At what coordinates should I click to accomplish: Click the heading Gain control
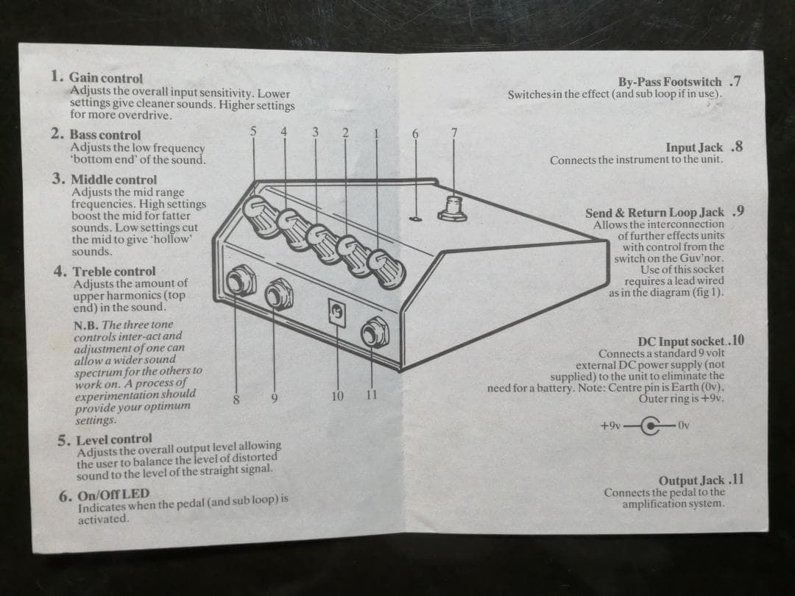[105, 78]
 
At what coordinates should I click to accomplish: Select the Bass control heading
[105, 135]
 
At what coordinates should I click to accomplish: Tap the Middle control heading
[113, 180]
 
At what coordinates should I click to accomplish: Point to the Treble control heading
[113, 272]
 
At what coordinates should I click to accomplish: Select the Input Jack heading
[694, 148]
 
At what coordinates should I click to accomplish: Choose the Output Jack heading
[691, 480]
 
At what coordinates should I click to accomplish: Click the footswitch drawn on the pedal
[452, 208]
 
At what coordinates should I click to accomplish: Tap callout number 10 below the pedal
[337, 397]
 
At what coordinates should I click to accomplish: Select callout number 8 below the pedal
[236, 399]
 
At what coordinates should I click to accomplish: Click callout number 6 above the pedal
[415, 134]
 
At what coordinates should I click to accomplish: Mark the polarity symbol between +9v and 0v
[650, 425]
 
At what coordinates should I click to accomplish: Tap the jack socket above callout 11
[375, 333]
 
